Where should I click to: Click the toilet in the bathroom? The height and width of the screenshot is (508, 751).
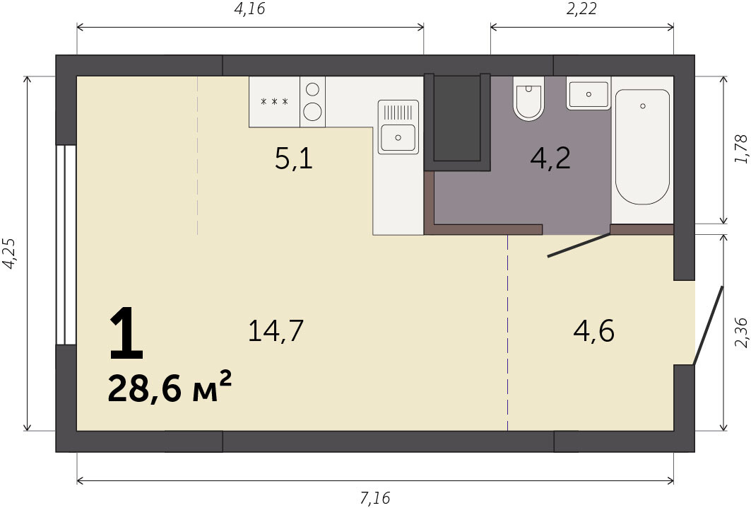tap(528, 98)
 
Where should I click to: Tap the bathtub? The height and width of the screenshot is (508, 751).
tap(642, 146)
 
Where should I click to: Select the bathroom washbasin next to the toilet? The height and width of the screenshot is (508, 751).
tap(589, 93)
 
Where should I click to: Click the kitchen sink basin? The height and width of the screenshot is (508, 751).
tap(398, 138)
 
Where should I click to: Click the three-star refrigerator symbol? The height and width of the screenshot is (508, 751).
tap(274, 101)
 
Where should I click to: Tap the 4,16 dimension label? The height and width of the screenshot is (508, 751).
tap(249, 8)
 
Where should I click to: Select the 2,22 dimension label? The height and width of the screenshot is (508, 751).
tap(581, 8)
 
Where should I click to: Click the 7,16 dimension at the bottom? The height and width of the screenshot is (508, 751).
tap(375, 498)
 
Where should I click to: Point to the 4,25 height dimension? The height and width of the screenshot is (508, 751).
tap(10, 253)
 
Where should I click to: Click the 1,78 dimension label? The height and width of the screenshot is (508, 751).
tap(740, 149)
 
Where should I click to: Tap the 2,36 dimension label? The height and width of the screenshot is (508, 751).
tap(740, 333)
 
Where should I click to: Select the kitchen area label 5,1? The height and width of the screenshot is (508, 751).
tap(294, 158)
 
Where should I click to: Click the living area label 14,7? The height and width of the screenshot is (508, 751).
tap(276, 330)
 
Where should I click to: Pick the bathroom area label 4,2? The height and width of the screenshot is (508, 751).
tap(550, 158)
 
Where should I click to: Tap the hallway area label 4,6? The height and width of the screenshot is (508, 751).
tap(594, 330)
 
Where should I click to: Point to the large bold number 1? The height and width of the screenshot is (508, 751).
tap(126, 335)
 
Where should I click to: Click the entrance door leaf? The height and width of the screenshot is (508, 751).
tap(708, 325)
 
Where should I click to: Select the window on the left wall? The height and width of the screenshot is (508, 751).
tap(66, 245)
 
